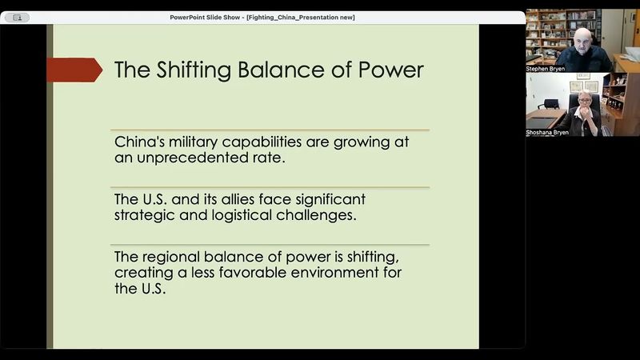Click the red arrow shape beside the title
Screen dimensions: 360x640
(x=74, y=70)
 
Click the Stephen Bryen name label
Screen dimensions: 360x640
(x=546, y=69)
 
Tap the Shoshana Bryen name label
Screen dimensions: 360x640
(x=548, y=132)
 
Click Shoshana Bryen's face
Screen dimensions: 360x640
(x=584, y=104)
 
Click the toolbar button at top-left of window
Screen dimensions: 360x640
(x=17, y=18)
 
